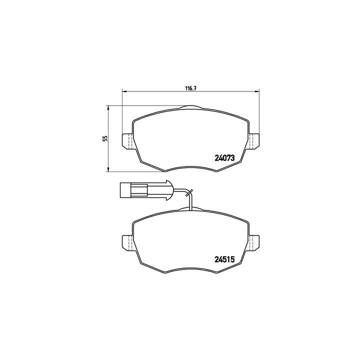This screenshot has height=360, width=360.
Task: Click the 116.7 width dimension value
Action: point(190,87)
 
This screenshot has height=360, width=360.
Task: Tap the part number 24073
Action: point(225,158)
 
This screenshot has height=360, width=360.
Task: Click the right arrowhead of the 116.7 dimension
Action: point(257,91)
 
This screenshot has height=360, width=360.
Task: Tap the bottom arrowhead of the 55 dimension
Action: point(108,170)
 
